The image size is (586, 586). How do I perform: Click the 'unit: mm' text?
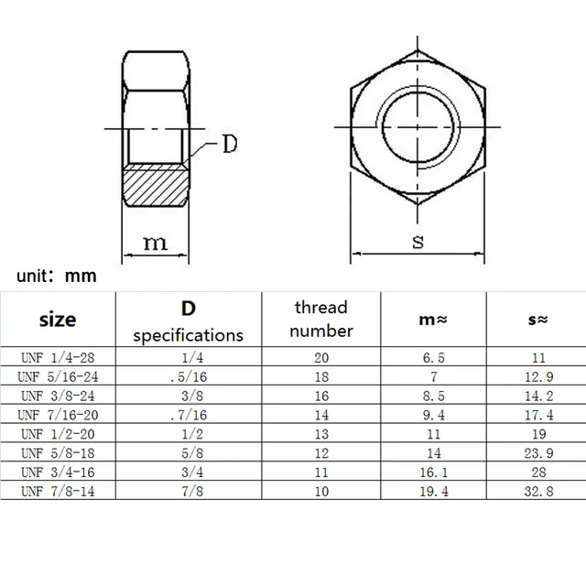coord(55,275)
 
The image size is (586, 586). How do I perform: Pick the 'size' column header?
coord(58,320)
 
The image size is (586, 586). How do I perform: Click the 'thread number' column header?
coord(321,319)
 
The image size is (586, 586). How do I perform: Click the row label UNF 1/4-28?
coord(58,358)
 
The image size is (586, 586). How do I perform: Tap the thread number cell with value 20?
coord(321,358)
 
